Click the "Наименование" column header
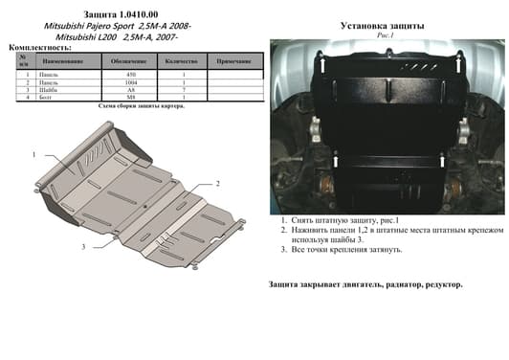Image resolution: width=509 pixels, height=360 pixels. (x=62, y=61)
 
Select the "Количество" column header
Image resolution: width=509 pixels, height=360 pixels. (x=181, y=61)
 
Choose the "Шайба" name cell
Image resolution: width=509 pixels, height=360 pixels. (x=62, y=89)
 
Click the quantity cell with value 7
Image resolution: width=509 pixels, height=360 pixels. (x=181, y=89)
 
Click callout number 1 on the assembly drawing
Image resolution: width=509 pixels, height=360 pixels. (x=33, y=155)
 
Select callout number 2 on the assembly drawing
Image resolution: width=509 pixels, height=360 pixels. (x=218, y=183)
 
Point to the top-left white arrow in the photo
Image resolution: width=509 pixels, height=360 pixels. (x=323, y=66)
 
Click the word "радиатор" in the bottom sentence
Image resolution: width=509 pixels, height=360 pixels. (x=402, y=285)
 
